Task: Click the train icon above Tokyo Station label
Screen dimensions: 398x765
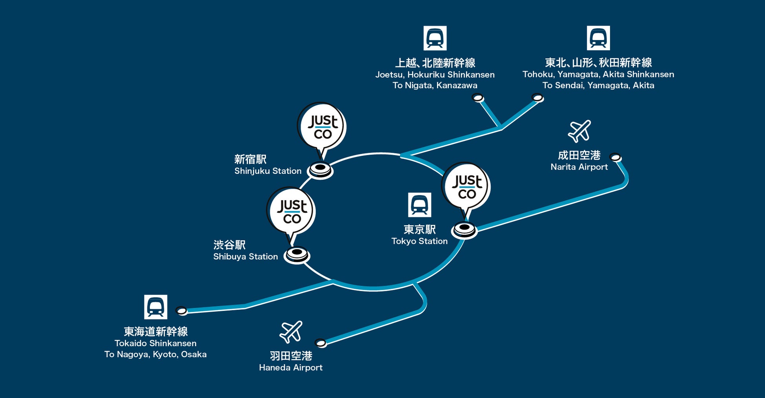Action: click(419, 205)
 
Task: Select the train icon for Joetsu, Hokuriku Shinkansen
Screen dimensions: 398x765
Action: click(435, 38)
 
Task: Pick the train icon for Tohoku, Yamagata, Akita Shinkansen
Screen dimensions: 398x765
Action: click(598, 38)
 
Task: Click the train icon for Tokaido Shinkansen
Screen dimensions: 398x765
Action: click(156, 307)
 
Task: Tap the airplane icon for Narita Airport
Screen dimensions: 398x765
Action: click(579, 131)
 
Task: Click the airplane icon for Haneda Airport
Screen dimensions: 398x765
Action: click(291, 332)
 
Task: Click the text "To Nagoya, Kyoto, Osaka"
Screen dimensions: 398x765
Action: click(155, 354)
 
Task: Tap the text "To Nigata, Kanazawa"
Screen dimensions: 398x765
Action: click(435, 86)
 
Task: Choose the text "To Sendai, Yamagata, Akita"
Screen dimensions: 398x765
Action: click(598, 86)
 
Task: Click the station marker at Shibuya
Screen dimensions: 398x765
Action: click(297, 254)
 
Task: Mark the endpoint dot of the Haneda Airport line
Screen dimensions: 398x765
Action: click(321, 343)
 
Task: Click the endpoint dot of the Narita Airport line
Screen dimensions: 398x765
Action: click(616, 158)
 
